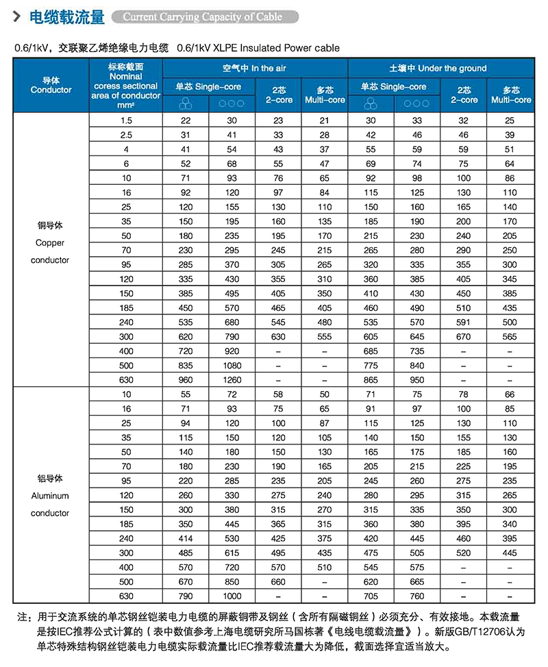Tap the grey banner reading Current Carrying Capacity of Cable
coord(203,16)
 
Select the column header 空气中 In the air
coord(254,68)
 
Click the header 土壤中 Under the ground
coord(438,68)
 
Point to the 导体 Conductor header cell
coord(51,85)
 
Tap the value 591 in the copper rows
coord(464,322)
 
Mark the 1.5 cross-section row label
coord(125,121)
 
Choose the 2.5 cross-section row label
coord(125,135)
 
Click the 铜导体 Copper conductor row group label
coord(50,242)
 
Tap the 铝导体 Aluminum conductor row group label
coord(50,495)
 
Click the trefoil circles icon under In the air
coord(185,103)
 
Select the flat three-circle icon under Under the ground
coord(416,103)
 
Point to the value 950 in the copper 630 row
coord(416,379)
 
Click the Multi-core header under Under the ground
coord(511,95)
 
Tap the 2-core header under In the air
coord(279,95)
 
